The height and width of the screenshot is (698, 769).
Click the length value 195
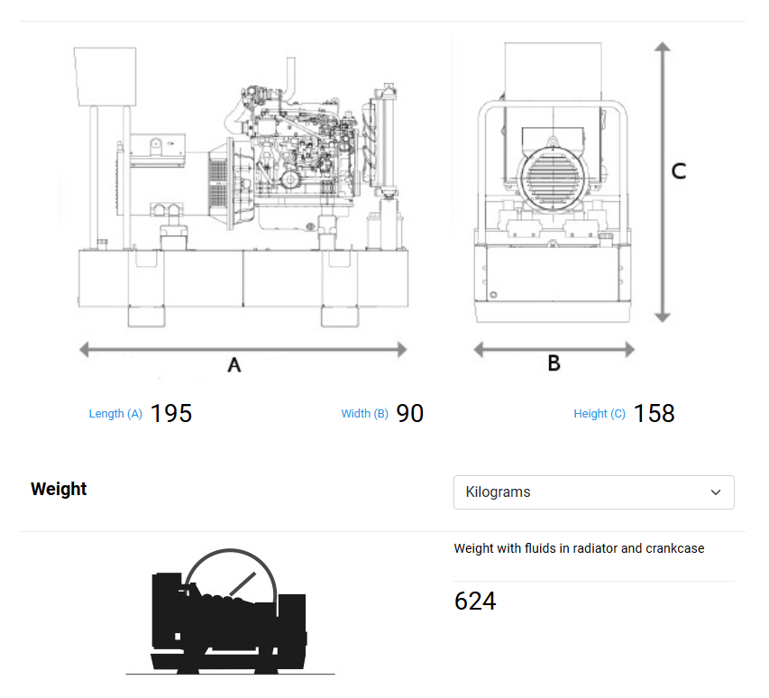pos(171,413)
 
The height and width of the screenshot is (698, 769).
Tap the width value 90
pos(410,413)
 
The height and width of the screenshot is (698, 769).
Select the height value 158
pos(654,413)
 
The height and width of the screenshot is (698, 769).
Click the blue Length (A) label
pos(115,414)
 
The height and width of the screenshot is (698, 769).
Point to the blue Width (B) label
pos(364,414)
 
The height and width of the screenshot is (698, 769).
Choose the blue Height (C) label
pos(600,414)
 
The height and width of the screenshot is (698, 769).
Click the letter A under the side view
pos(234,365)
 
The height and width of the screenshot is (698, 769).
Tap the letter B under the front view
pos(554,363)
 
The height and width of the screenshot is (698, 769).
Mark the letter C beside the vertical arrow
pos(679,170)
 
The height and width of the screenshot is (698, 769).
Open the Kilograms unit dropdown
pos(593,492)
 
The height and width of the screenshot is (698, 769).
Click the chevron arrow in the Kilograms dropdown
pos(716,492)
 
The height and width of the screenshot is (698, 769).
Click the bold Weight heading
pos(59,489)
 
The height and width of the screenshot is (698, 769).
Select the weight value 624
pos(475,601)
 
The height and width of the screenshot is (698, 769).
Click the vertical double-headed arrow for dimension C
pos(663,180)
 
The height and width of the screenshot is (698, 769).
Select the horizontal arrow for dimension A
pos(243,349)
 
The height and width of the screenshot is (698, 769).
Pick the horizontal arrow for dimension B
pos(554,349)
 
